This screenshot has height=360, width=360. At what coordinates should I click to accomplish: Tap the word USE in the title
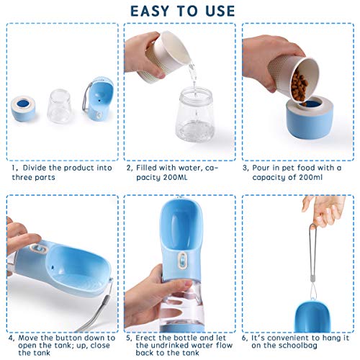[220, 12]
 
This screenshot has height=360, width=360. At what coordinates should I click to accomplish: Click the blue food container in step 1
[23, 109]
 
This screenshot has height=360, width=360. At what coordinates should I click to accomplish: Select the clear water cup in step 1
[59, 106]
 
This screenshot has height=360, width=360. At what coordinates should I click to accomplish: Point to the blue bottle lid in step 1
[99, 97]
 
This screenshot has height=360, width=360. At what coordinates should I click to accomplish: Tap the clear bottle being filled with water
[195, 114]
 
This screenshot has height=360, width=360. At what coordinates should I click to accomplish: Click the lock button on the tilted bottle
[38, 249]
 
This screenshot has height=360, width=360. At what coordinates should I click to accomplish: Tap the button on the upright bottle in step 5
[182, 260]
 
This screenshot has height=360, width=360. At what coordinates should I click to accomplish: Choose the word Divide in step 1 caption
[35, 168]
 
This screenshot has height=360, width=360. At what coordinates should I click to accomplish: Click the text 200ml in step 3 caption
[310, 177]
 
